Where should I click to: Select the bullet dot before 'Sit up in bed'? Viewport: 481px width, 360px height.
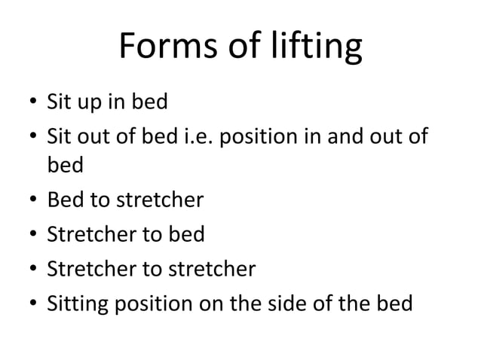tap(27, 101)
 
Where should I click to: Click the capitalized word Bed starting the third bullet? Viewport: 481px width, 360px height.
tap(64, 201)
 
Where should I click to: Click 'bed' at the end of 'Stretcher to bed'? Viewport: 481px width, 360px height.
tap(187, 235)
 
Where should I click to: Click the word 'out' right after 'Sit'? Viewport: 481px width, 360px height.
tap(93, 136)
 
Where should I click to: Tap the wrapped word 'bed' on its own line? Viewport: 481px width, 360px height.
tap(65, 163)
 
